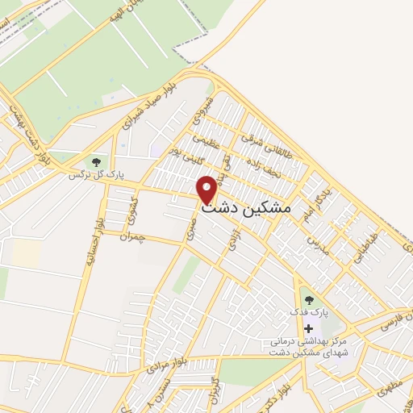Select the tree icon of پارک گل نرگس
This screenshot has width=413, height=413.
coord(98,163)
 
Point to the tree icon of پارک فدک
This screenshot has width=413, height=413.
coord(308,300)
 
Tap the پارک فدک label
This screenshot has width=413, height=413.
coord(308,311)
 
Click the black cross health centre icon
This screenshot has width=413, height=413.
coord(308,328)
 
